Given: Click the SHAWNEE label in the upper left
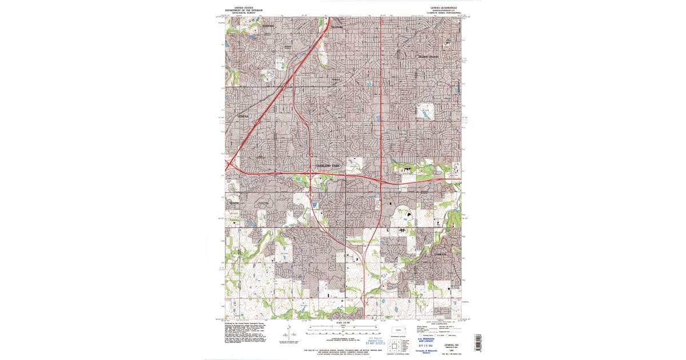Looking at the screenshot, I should [269, 26].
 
